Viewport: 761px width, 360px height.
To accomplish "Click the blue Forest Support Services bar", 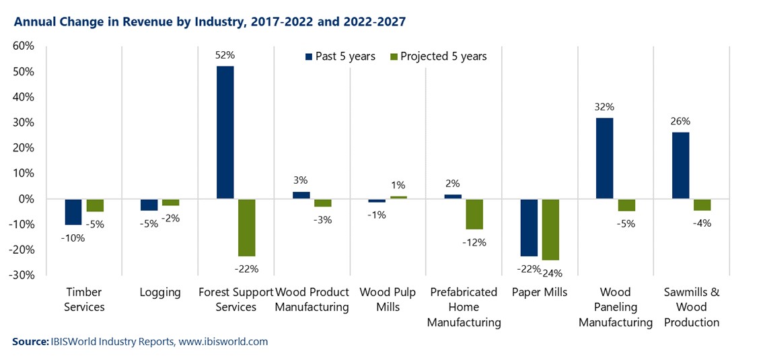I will pyautogui.click(x=225, y=132).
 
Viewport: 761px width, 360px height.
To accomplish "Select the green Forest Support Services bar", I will pyautogui.click(x=246, y=227).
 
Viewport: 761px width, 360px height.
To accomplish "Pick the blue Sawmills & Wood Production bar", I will pyautogui.click(x=680, y=166).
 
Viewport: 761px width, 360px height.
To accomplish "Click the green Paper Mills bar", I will pyautogui.click(x=550, y=229).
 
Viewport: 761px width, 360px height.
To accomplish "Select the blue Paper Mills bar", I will pyautogui.click(x=529, y=227).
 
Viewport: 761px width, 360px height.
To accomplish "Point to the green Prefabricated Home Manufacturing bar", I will pyautogui.click(x=474, y=214).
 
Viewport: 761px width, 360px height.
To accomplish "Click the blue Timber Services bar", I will pyautogui.click(x=73, y=212).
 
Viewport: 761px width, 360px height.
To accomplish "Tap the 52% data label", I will pyautogui.click(x=225, y=55).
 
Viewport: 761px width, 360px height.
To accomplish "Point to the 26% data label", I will pyautogui.click(x=680, y=122).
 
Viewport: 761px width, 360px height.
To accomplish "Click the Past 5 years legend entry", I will pyautogui.click(x=340, y=57).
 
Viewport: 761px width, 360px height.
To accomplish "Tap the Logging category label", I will pyautogui.click(x=160, y=293).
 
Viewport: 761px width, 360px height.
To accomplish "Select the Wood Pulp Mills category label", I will pyautogui.click(x=388, y=299).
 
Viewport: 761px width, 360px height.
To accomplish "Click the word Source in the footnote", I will pyautogui.click(x=30, y=342).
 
